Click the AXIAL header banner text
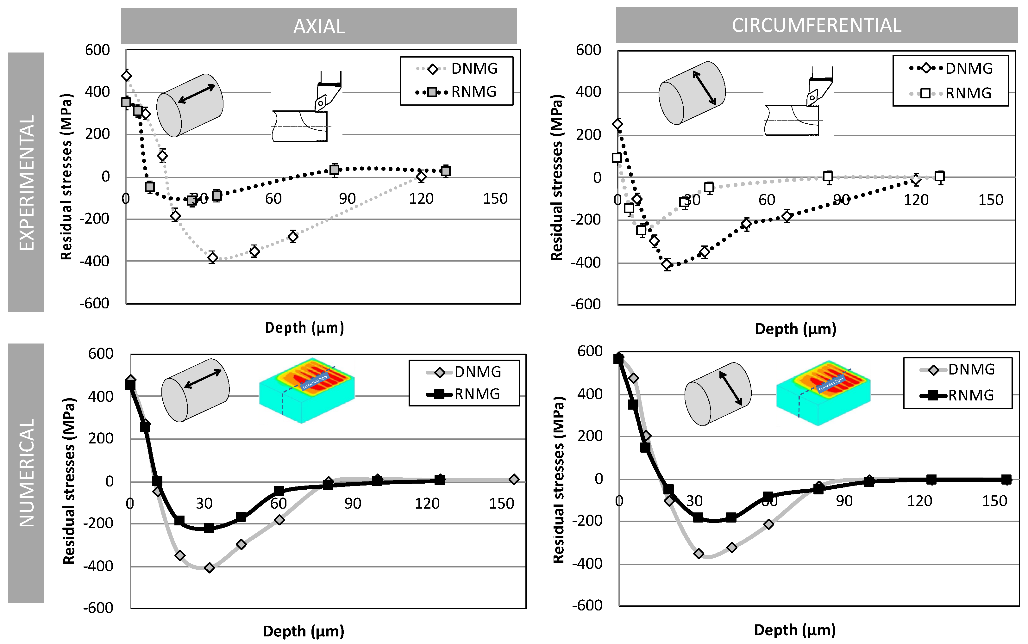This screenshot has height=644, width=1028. click(x=319, y=26)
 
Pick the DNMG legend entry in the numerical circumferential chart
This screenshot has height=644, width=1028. click(x=957, y=369)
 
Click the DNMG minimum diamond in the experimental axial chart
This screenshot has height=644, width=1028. click(x=212, y=257)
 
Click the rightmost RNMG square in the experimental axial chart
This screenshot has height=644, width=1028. click(x=445, y=171)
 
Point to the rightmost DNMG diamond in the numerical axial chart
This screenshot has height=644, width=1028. click(x=514, y=479)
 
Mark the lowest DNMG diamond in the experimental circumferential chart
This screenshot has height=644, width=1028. click(x=667, y=264)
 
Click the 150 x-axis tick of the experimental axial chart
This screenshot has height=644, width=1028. click(x=495, y=198)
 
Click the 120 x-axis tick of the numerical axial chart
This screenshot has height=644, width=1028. click(x=427, y=504)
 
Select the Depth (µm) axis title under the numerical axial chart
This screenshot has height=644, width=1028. click(x=304, y=631)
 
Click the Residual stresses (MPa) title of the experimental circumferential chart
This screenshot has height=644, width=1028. click(x=557, y=177)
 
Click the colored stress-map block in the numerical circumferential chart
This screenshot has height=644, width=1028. click(x=823, y=392)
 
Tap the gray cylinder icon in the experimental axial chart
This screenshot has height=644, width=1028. click(x=190, y=106)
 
